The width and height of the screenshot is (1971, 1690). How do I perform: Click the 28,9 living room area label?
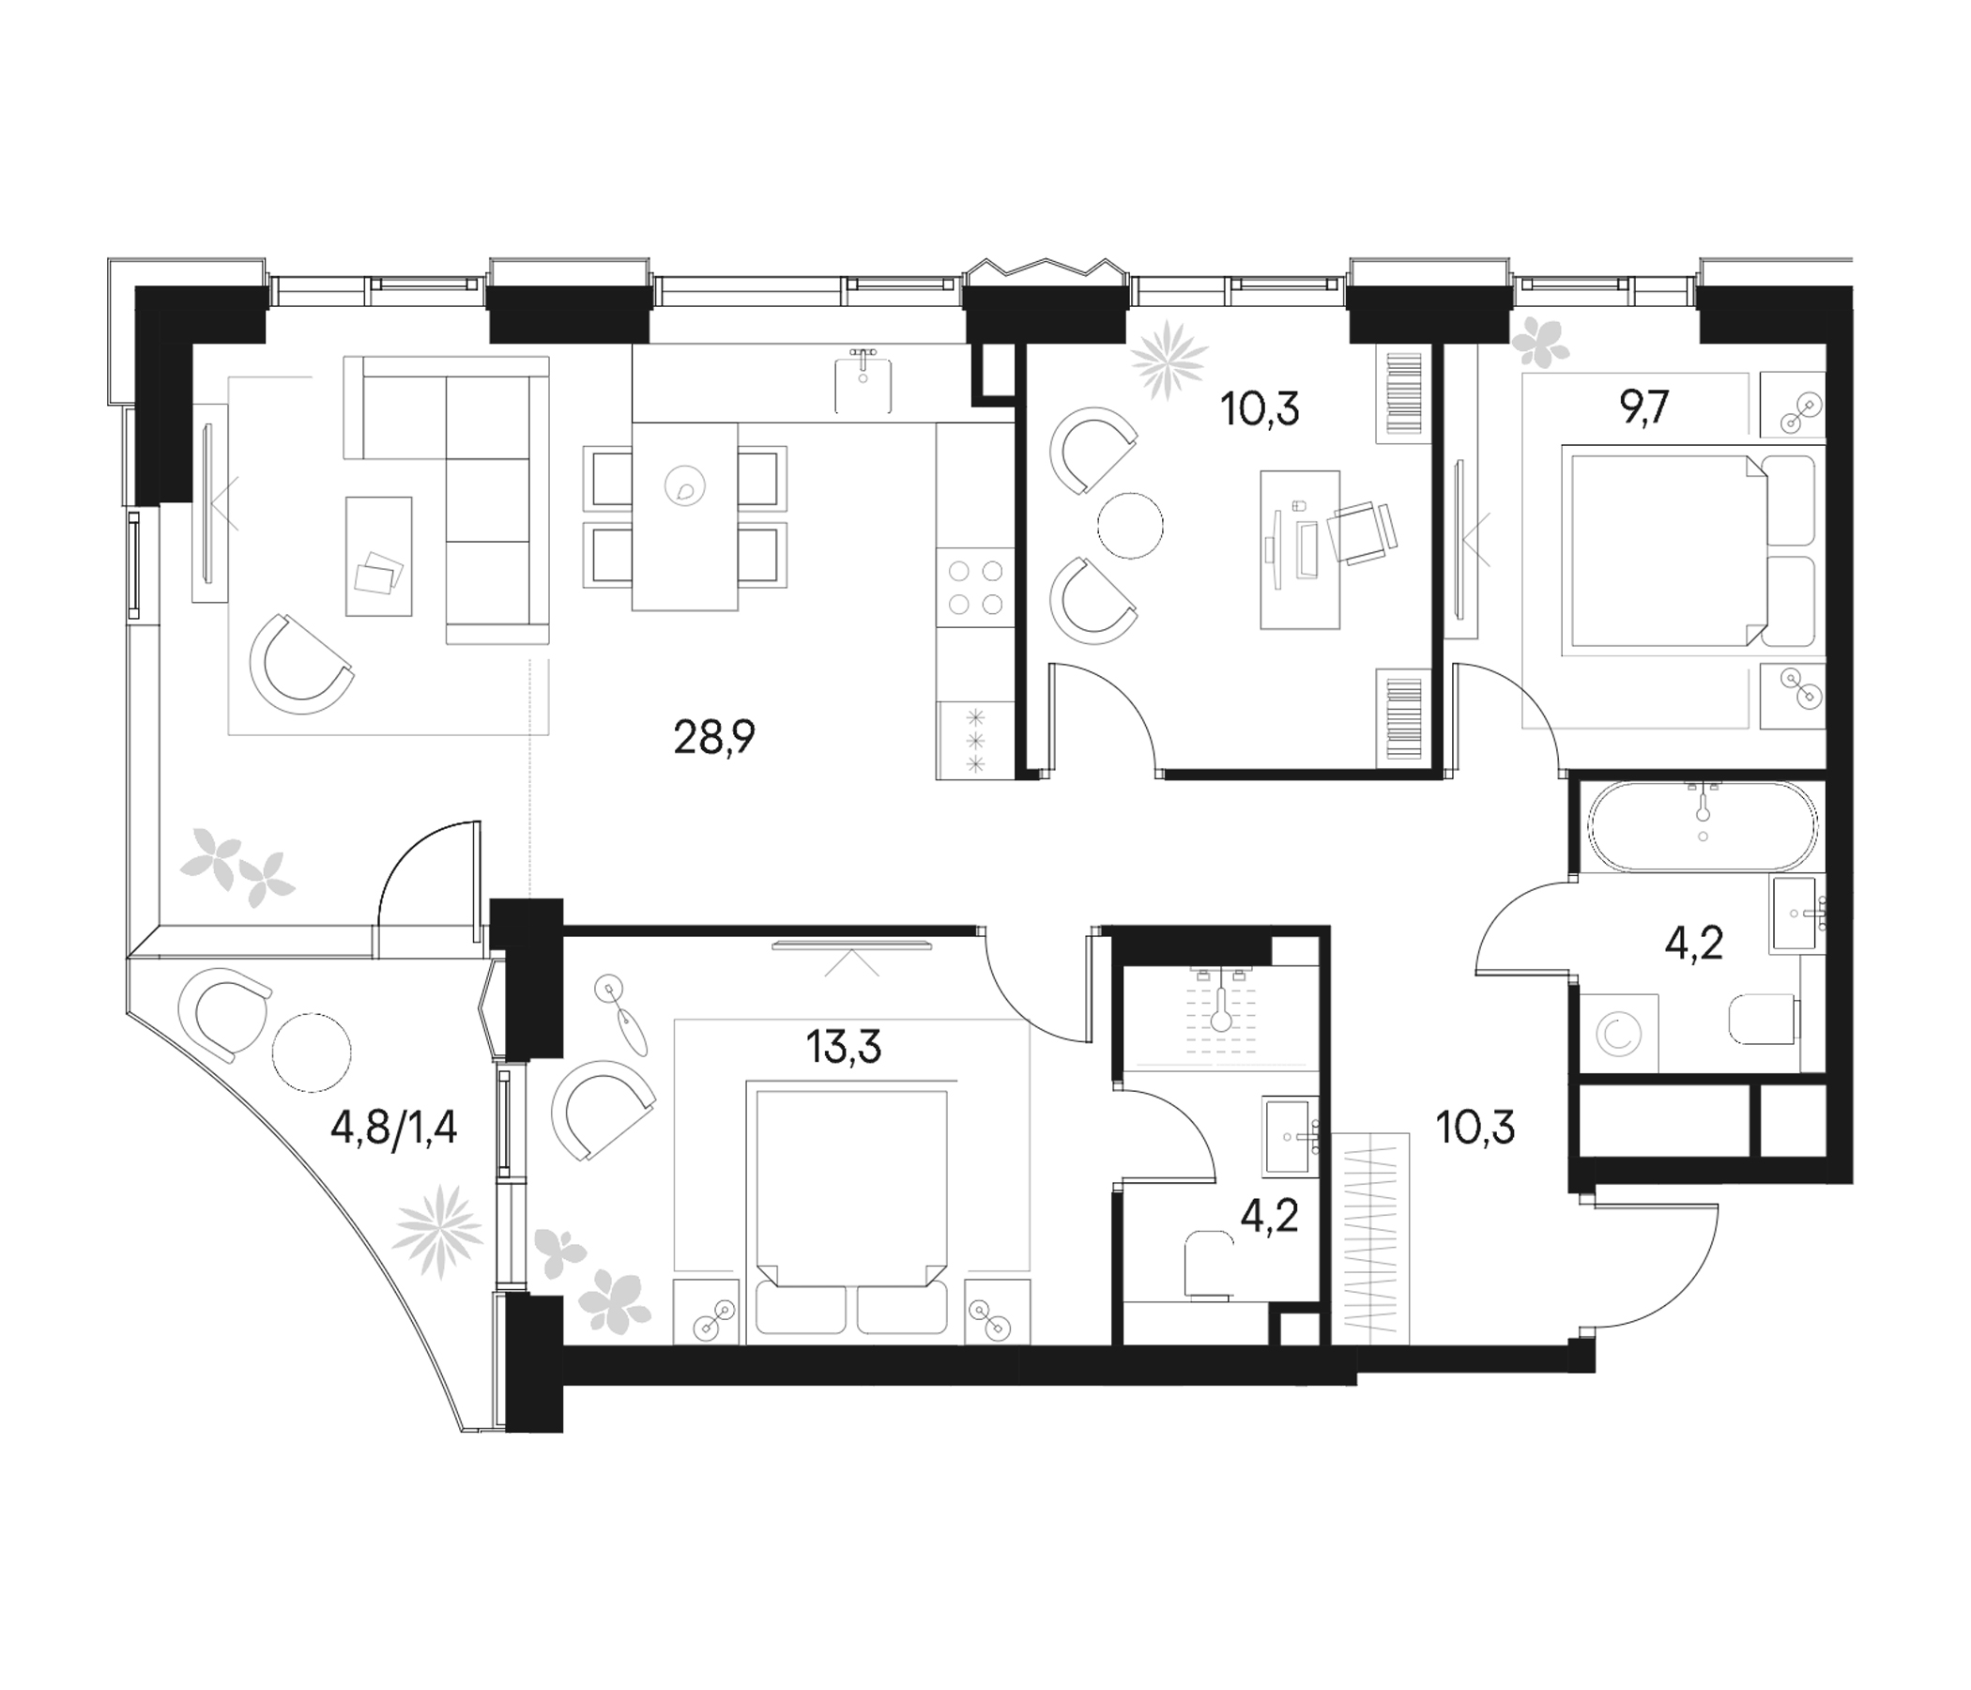[713, 736]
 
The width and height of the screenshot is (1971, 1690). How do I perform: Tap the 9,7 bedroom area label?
[1643, 409]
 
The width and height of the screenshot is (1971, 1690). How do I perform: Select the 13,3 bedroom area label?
[844, 1048]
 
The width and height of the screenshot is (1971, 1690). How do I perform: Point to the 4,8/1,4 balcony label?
[394, 1129]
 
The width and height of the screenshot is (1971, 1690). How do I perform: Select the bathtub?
[1702, 826]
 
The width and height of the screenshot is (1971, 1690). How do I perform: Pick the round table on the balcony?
[311, 1052]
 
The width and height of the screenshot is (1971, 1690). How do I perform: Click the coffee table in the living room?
[379, 556]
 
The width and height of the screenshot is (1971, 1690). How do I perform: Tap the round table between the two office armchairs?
[1130, 525]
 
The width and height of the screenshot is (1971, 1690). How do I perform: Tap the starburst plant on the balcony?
[438, 1231]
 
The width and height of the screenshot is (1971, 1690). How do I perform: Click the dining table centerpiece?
[685, 485]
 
